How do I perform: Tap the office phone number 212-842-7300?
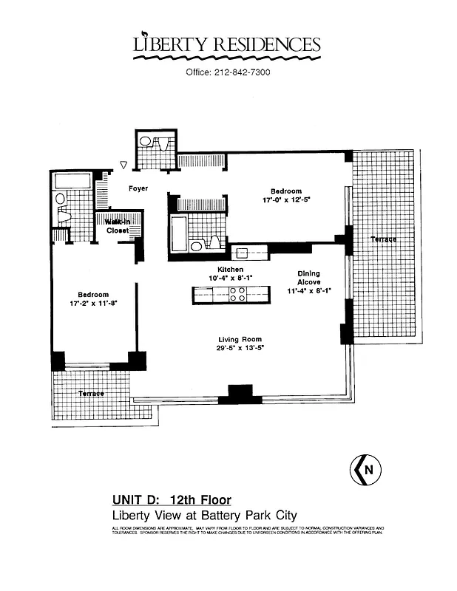[228, 72]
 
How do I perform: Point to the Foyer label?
[138, 188]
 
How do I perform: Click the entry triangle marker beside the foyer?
[124, 165]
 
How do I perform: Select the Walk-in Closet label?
[117, 226]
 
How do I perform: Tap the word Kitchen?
[230, 270]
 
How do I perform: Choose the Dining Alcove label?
[309, 278]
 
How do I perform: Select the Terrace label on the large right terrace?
[384, 239]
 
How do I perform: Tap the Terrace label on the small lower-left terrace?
[91, 394]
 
